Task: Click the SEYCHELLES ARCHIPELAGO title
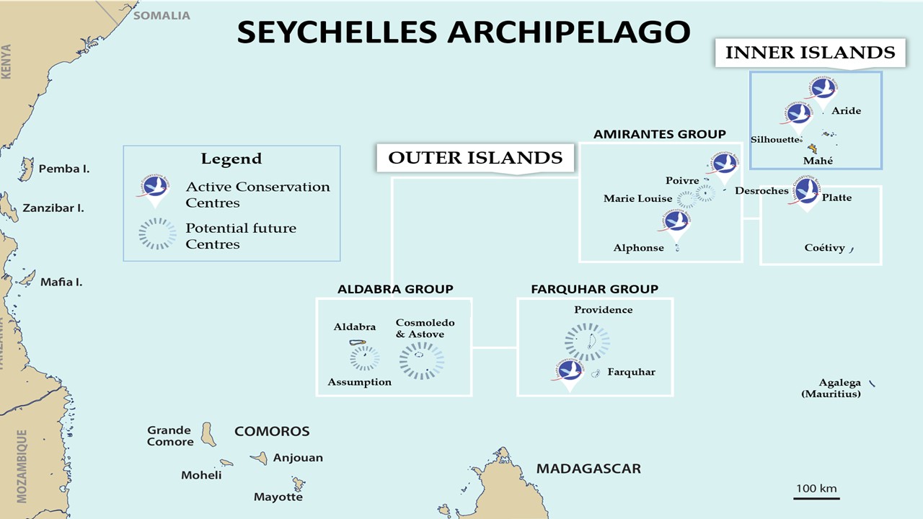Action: point(463,32)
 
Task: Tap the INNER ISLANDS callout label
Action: point(810,53)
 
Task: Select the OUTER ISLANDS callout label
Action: point(475,158)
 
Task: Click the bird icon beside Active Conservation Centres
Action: point(154,187)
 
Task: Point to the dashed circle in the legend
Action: point(156,234)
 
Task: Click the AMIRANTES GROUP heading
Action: point(659,134)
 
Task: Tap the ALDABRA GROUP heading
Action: point(395,289)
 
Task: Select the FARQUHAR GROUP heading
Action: point(594,289)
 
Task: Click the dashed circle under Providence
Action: point(587,341)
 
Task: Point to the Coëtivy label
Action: point(825,248)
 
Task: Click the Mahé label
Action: point(818,161)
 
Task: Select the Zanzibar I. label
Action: point(53,208)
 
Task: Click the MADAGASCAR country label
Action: point(588,469)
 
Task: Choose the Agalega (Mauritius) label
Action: point(831,389)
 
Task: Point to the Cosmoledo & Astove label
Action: point(420,329)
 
